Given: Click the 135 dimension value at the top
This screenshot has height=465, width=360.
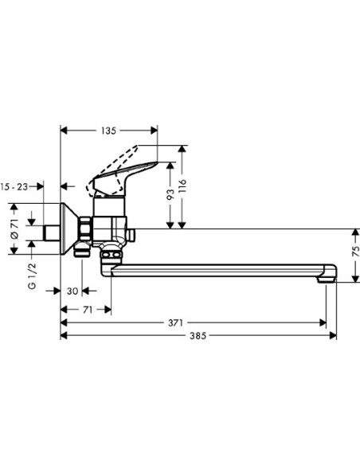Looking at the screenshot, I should click(x=109, y=131).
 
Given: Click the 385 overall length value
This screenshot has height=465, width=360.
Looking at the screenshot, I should click(x=198, y=337).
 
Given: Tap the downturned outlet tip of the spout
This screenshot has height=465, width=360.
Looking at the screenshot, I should click(x=327, y=277).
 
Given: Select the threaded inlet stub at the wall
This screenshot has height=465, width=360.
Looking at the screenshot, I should click(x=52, y=232).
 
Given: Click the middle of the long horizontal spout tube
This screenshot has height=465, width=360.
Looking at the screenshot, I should click(x=215, y=271).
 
